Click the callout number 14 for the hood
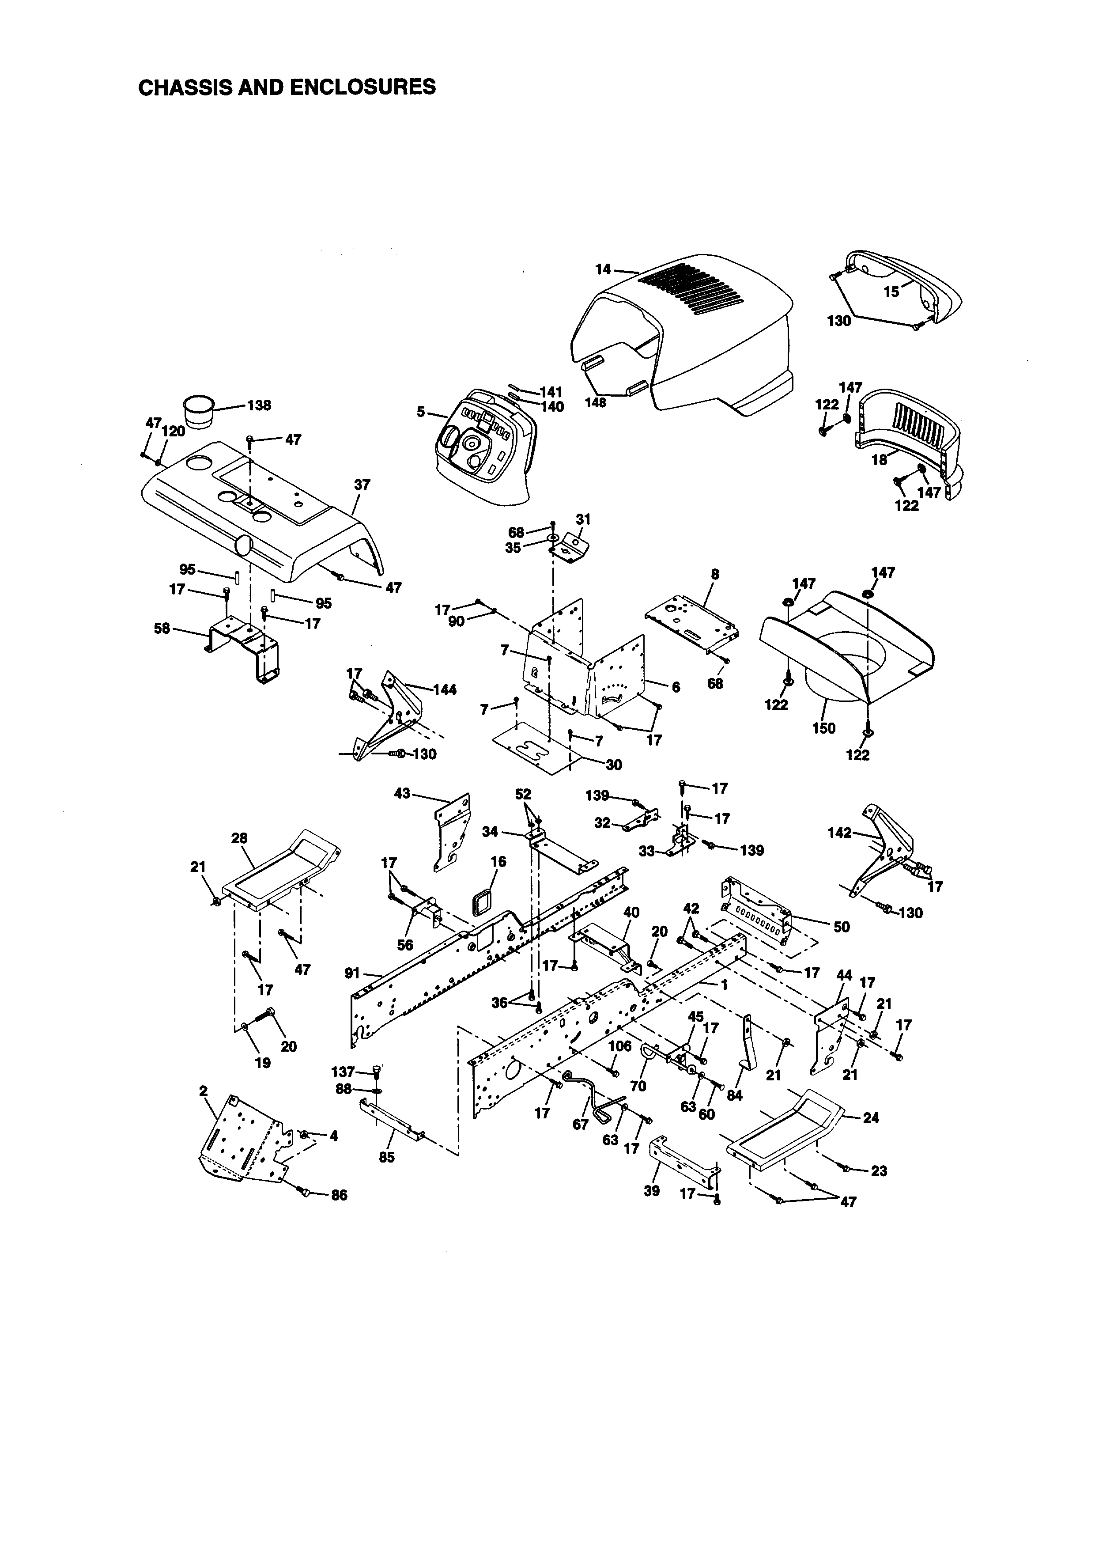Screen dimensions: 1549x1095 click(x=603, y=269)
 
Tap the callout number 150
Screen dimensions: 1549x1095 click(x=824, y=729)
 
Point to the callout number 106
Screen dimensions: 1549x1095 click(x=619, y=1046)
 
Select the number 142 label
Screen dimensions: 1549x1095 click(x=839, y=833)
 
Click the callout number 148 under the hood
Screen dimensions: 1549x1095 click(x=595, y=403)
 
